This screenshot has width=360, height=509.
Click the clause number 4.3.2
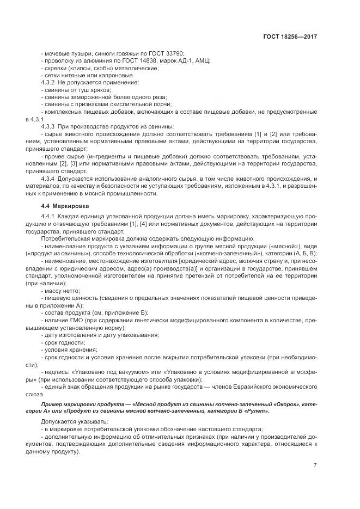(51, 82)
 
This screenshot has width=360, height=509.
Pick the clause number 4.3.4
(51, 177)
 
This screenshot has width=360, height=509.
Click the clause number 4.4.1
(51, 217)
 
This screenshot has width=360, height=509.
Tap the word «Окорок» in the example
(282, 404)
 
